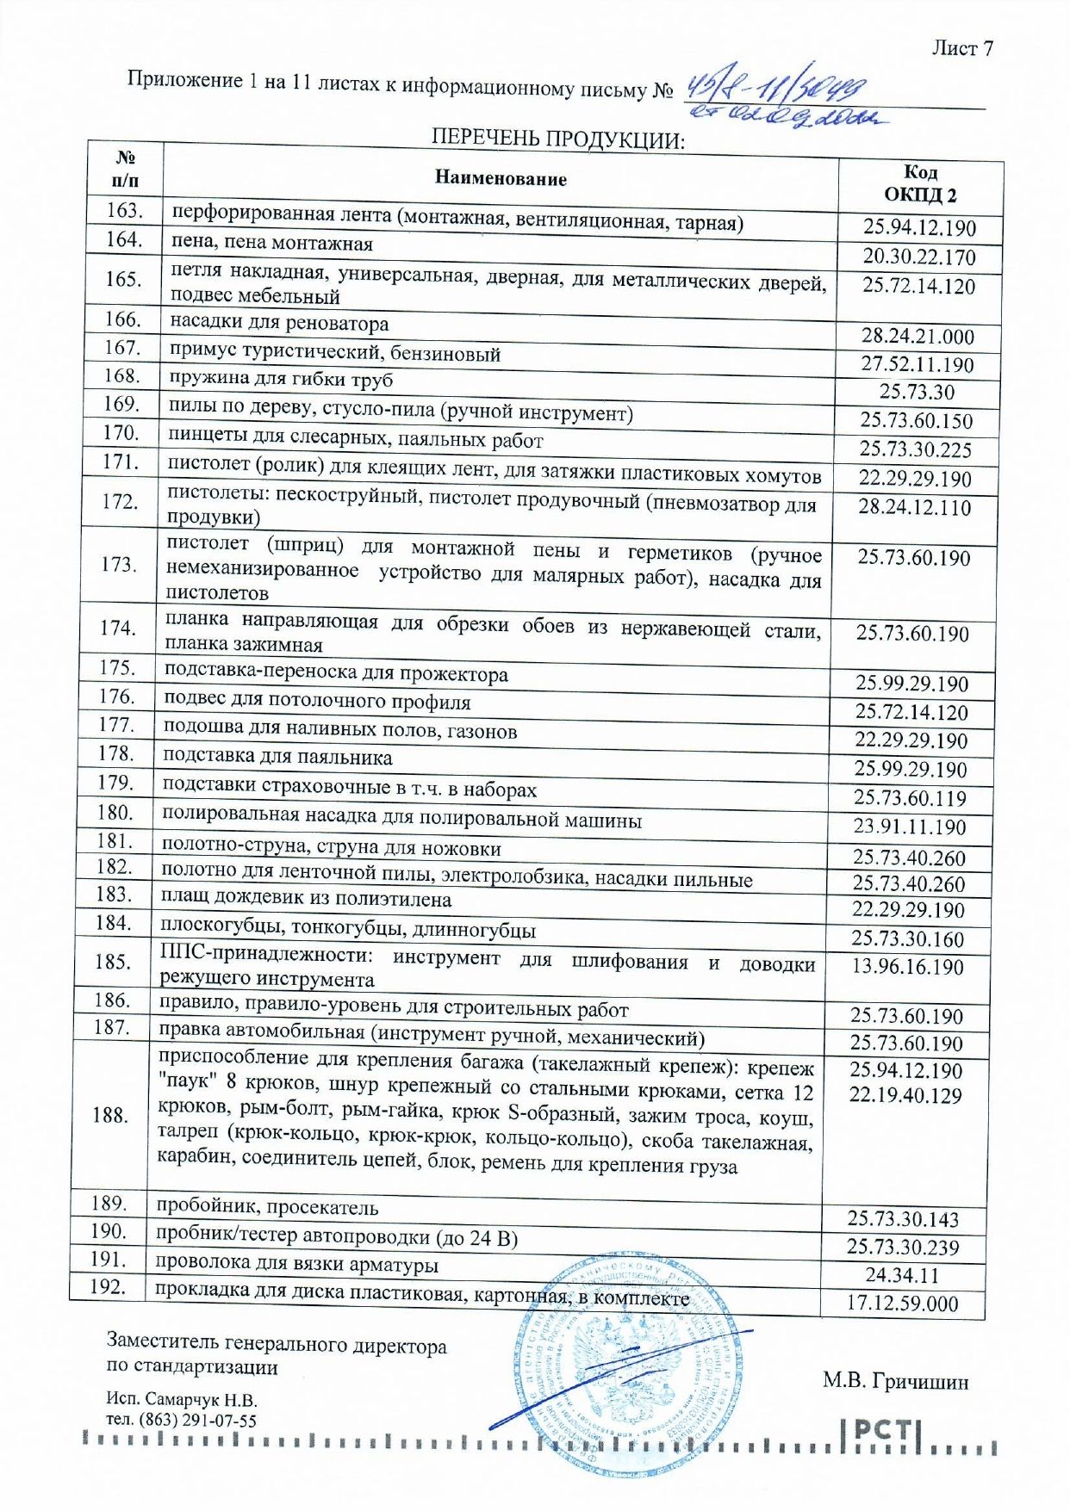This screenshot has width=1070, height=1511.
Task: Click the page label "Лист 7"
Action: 961,48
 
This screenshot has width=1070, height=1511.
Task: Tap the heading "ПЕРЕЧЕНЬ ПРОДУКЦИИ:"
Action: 557,139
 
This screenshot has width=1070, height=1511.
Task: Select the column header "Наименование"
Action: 501,178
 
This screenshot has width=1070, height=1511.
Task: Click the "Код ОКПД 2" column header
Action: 919,183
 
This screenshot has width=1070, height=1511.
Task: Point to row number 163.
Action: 125,210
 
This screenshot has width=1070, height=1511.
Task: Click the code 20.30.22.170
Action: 919,257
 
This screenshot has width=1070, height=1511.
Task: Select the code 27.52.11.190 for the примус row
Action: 918,364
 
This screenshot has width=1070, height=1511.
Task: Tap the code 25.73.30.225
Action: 915,449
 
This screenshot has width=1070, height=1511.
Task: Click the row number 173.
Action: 120,564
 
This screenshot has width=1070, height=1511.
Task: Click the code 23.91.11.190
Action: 910,827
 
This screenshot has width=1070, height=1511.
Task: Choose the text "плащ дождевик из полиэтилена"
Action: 306,899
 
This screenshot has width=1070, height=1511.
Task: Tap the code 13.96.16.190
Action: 907,967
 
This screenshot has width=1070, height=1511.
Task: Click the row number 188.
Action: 110,1115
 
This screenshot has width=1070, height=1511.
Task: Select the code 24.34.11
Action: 902,1275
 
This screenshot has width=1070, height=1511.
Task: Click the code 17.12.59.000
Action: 901,1303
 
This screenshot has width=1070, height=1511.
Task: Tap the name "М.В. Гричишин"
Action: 895,1381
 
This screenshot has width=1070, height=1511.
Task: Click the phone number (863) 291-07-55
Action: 197,1421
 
